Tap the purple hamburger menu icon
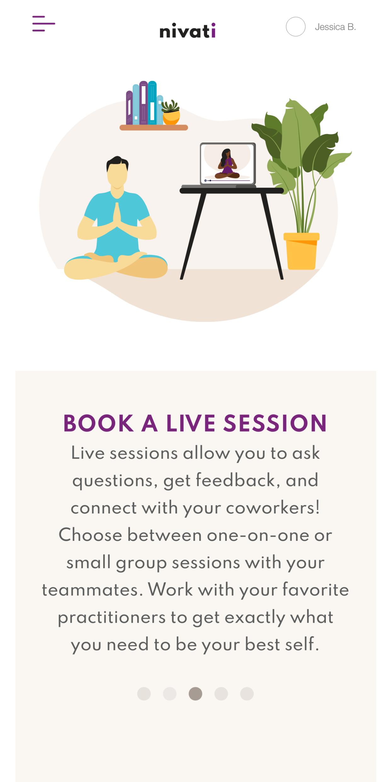click(44, 24)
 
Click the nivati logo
click(188, 31)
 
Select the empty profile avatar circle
click(296, 27)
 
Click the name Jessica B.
click(335, 27)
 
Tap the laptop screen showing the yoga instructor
click(228, 163)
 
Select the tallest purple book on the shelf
click(144, 103)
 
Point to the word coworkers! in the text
click(273, 508)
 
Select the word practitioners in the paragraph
click(112, 618)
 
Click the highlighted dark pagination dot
click(195, 694)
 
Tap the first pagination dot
click(144, 694)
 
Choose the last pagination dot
click(247, 694)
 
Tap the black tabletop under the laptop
click(232, 190)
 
